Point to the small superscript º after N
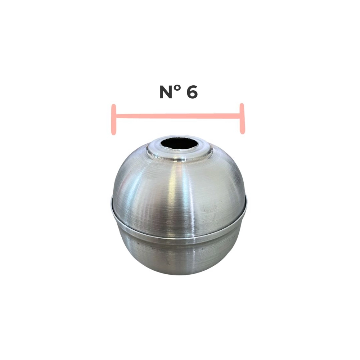click(179, 89)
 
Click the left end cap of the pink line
click(113, 120)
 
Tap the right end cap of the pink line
click(242, 119)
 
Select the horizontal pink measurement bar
click(178, 116)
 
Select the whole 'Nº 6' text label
click(179, 92)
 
